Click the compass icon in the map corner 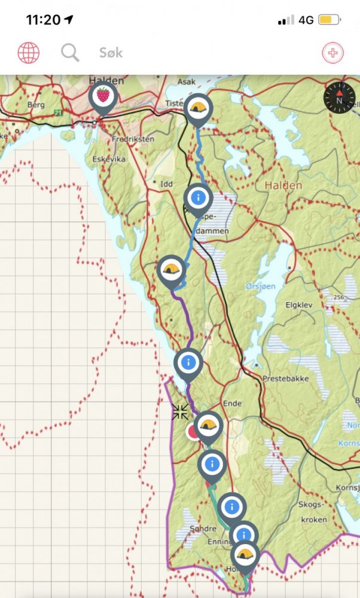click(x=339, y=98)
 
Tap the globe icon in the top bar click(x=28, y=53)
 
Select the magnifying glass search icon click(x=70, y=53)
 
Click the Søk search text click(x=111, y=53)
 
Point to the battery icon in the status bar click(x=330, y=20)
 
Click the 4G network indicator click(x=306, y=20)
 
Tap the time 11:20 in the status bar click(x=43, y=20)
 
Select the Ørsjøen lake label click(x=260, y=286)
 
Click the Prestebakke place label click(x=283, y=379)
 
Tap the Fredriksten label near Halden click(x=133, y=139)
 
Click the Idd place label click(x=166, y=184)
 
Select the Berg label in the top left click(x=36, y=105)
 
